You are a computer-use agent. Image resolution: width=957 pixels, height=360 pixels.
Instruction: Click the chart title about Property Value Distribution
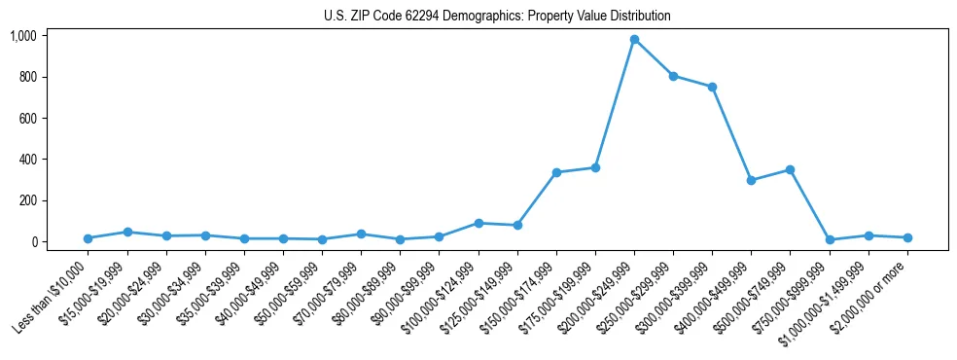click(x=497, y=17)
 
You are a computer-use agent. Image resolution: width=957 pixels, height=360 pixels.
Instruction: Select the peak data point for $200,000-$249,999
click(x=634, y=40)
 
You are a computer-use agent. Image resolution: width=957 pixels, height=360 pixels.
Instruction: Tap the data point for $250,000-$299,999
click(x=673, y=76)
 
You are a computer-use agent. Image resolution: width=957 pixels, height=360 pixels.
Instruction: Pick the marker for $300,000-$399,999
click(x=712, y=88)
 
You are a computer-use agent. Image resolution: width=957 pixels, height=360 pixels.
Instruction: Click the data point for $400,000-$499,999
click(x=751, y=180)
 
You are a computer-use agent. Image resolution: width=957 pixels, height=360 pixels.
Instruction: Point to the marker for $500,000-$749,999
click(x=790, y=169)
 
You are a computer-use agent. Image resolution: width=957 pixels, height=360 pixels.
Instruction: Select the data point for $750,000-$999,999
click(x=829, y=239)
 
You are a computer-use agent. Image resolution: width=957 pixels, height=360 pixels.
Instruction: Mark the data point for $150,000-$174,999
click(x=556, y=172)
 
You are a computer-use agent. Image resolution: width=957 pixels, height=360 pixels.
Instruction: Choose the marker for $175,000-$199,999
click(x=595, y=167)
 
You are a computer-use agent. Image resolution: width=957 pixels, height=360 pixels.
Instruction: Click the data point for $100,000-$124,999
click(x=478, y=223)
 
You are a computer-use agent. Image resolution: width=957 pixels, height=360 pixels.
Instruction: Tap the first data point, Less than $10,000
click(x=89, y=238)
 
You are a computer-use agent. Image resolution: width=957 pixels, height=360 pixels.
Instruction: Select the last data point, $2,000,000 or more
click(x=906, y=237)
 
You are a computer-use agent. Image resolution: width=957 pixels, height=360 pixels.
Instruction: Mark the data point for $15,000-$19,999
click(x=127, y=232)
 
